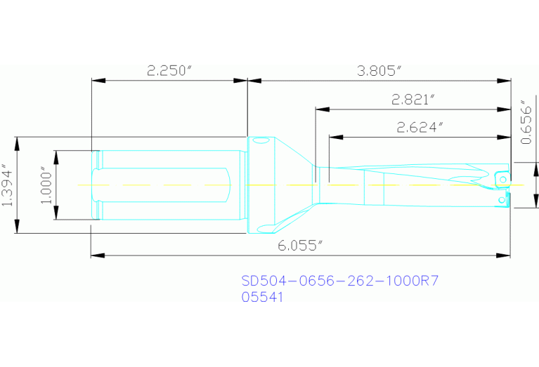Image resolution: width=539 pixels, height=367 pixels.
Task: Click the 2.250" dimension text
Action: point(169,71)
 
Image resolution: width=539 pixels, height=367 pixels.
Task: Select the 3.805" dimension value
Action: point(379,71)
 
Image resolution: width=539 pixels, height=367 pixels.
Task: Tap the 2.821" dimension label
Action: point(413,100)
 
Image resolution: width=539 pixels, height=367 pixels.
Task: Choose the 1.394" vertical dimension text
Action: point(8,185)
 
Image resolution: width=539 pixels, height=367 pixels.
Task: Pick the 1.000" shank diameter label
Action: point(46,185)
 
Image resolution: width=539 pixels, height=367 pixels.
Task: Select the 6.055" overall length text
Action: point(300,245)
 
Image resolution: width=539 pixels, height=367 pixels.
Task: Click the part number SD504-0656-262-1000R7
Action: point(340,281)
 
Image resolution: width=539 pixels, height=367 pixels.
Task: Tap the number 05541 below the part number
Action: point(262,297)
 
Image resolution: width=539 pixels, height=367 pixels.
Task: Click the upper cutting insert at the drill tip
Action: point(502,178)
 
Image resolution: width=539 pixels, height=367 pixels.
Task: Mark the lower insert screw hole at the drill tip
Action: point(500,201)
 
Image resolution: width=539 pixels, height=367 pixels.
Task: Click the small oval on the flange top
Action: point(261,142)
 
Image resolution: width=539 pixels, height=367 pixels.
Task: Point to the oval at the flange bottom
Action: point(261,228)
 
